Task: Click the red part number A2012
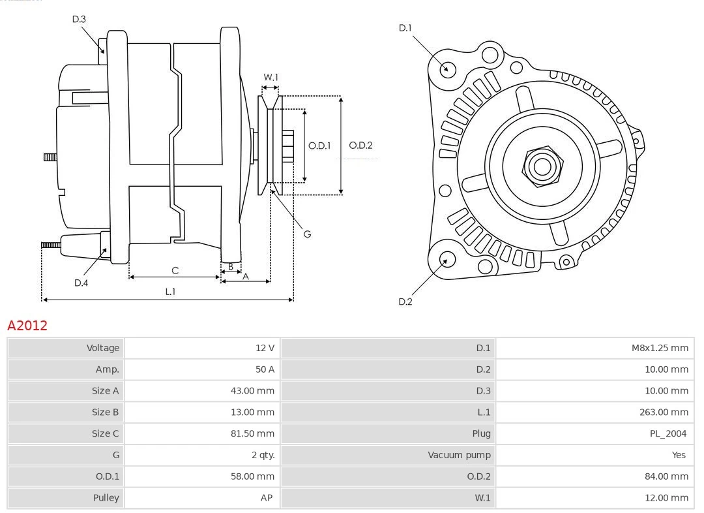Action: (27, 325)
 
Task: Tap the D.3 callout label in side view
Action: (79, 20)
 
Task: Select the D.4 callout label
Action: (81, 283)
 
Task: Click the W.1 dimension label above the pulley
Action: (271, 77)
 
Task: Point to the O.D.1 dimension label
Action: (319, 146)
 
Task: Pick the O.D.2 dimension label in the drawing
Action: (360, 146)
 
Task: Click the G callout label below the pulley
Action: (307, 234)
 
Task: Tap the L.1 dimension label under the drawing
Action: (169, 292)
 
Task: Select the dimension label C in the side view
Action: (175, 270)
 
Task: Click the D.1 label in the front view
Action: (405, 27)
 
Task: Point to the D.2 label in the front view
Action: (405, 302)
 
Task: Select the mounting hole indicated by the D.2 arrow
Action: (447, 260)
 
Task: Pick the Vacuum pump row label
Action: (459, 455)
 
